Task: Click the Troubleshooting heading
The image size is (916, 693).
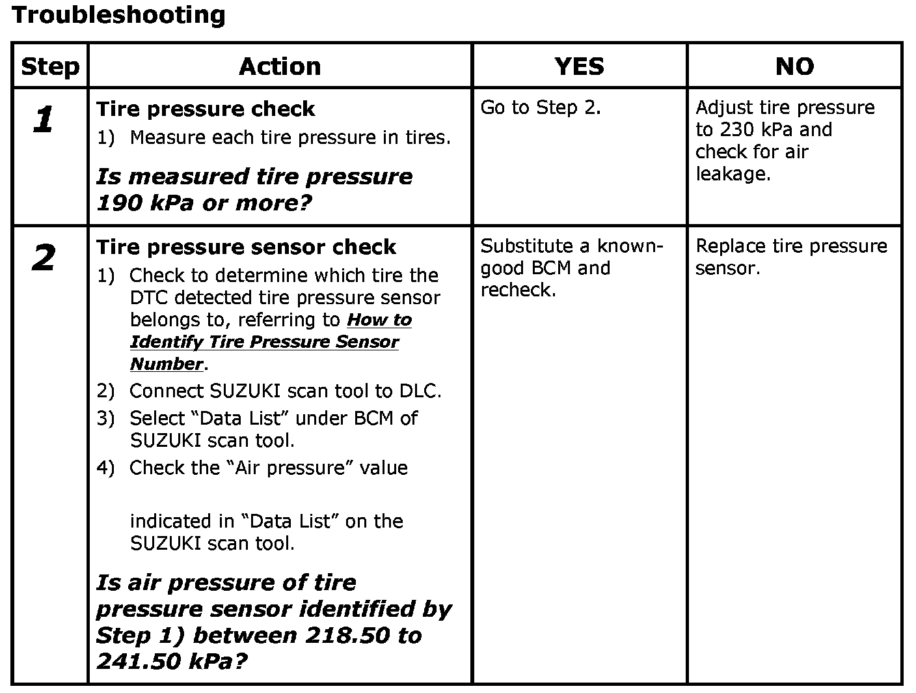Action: (118, 14)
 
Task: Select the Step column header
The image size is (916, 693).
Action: (50, 66)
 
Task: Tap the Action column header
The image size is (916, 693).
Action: (280, 66)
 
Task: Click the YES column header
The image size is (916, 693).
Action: (579, 66)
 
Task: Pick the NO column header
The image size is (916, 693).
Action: (794, 66)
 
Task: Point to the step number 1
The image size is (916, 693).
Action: (43, 120)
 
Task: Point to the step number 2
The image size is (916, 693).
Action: (43, 259)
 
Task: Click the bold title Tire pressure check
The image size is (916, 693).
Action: (206, 109)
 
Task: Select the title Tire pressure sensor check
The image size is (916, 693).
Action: (246, 247)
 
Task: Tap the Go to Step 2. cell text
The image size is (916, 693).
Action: (541, 107)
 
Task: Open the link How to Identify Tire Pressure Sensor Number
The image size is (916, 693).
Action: (264, 342)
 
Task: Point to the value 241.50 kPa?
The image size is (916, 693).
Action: (172, 662)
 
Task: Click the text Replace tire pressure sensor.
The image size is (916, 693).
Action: (791, 257)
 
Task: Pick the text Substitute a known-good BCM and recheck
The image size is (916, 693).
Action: (571, 268)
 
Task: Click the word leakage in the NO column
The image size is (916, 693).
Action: (733, 174)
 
